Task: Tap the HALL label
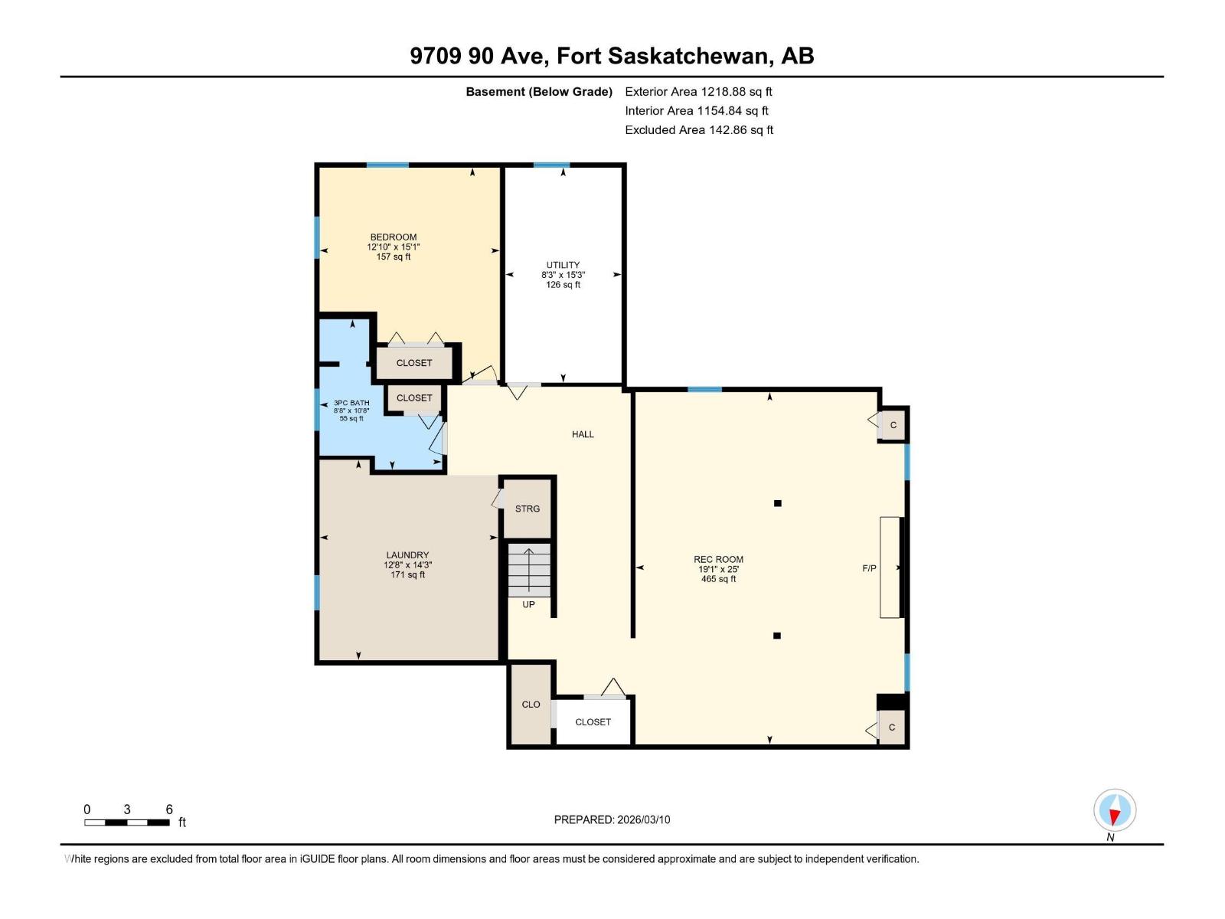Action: tap(583, 434)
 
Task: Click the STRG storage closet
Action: tap(527, 509)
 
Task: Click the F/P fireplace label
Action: tap(869, 568)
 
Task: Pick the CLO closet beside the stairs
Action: tap(531, 705)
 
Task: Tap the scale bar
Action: tap(127, 823)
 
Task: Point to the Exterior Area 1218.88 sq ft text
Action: tap(698, 91)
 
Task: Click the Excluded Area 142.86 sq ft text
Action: tap(698, 130)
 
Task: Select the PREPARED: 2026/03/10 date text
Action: tap(612, 819)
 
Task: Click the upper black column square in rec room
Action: tap(777, 503)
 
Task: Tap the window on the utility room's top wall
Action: tap(551, 165)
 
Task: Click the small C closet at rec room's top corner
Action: tap(893, 425)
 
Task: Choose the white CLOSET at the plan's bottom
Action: tap(593, 721)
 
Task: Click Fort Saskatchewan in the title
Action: tap(664, 56)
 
